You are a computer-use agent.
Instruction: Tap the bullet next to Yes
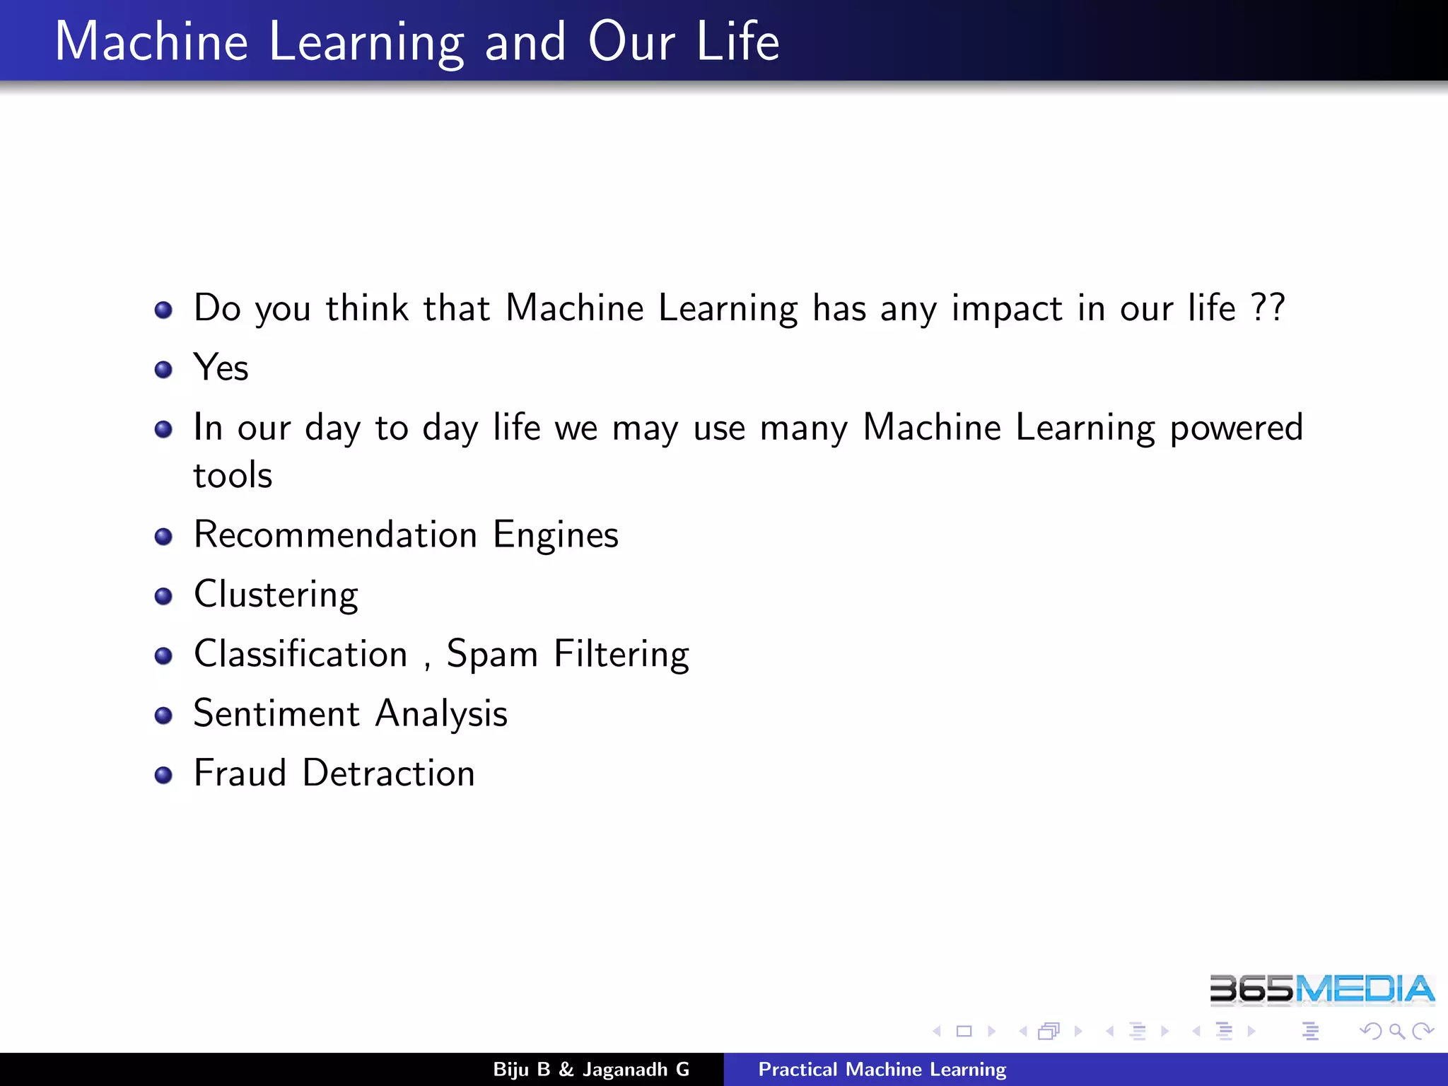163,369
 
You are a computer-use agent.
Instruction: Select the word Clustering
276,595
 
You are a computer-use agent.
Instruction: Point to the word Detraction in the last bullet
388,773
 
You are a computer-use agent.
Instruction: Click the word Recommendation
335,535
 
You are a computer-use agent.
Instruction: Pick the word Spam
492,655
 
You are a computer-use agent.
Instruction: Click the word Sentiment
276,713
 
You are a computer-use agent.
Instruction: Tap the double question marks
1268,308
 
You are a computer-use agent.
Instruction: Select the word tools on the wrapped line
233,475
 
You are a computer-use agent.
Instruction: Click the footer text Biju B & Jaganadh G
591,1069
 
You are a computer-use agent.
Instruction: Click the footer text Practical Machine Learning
882,1069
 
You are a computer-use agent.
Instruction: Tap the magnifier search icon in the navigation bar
1396,1032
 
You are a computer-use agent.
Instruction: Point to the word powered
1236,428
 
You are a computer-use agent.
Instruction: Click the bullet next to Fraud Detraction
163,775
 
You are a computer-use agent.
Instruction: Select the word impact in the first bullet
1006,309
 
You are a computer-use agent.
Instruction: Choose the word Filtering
621,655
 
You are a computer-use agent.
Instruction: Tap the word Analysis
441,714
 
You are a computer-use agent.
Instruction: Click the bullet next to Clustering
163,596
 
